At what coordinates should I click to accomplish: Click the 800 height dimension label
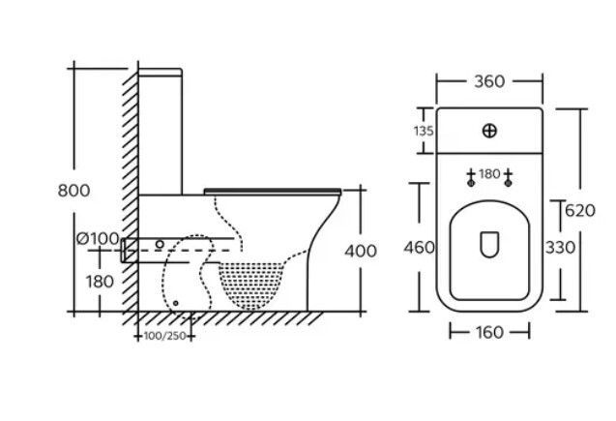pos(73,191)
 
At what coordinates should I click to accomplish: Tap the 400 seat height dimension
pos(361,252)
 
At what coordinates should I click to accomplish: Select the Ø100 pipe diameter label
pos(98,239)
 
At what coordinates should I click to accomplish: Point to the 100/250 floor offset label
pos(164,336)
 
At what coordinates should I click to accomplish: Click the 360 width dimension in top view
pos(489,81)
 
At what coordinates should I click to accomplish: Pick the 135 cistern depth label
pos(424,131)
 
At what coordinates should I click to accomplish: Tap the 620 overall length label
pos(580,211)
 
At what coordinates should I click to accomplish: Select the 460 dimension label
pos(419,248)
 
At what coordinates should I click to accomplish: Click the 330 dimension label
pos(561,248)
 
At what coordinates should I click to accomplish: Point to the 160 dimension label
pos(489,333)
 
